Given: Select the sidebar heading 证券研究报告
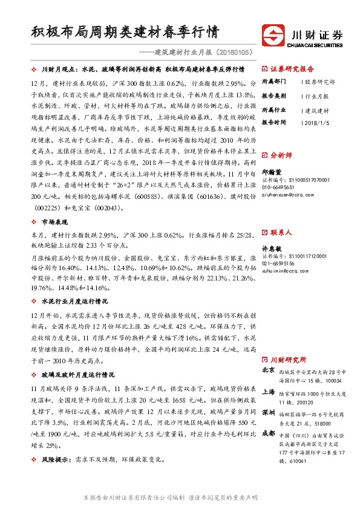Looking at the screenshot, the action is [292, 68].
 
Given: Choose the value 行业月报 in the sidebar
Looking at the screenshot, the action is [317, 96].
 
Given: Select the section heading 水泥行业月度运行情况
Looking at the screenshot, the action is [74, 300].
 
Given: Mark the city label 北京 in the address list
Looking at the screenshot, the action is [269, 369].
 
